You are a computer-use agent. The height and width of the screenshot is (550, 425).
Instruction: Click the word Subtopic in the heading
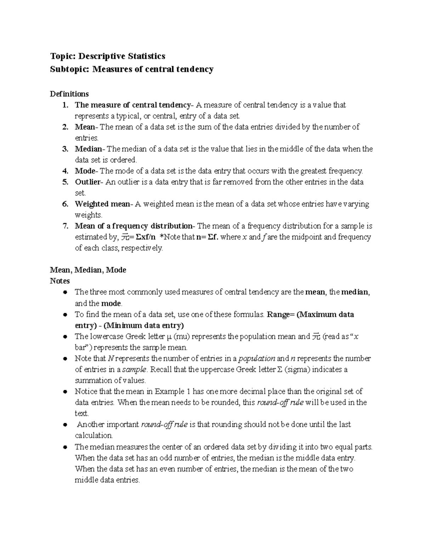tap(70, 69)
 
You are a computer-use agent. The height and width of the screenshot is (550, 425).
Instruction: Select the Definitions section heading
tap(69, 94)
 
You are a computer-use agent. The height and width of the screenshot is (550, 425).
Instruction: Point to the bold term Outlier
tap(87, 182)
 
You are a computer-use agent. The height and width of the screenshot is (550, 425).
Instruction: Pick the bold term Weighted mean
tap(102, 204)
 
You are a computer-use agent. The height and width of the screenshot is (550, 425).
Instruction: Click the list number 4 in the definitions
tap(65, 171)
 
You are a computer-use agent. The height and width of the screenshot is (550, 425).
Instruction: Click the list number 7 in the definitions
tap(65, 226)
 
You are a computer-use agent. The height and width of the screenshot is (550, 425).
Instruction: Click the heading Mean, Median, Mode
tap(88, 270)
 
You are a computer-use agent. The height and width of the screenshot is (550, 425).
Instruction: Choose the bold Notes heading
tap(59, 281)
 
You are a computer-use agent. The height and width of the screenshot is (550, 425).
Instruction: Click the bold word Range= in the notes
tap(280, 314)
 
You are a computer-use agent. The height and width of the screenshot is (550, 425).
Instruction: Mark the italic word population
tap(256, 358)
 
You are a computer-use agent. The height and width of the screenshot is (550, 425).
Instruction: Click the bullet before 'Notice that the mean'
tap(65, 392)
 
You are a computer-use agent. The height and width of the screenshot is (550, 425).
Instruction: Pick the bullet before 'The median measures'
tap(65, 447)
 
